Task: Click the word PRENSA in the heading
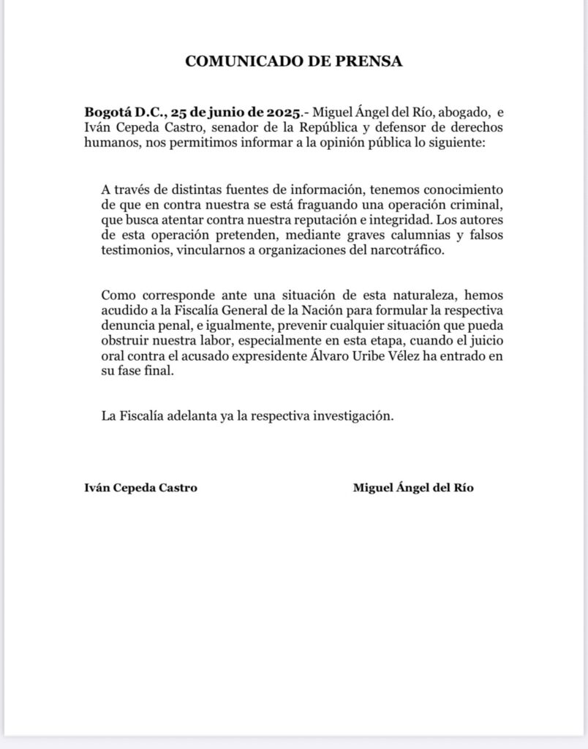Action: (x=368, y=61)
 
